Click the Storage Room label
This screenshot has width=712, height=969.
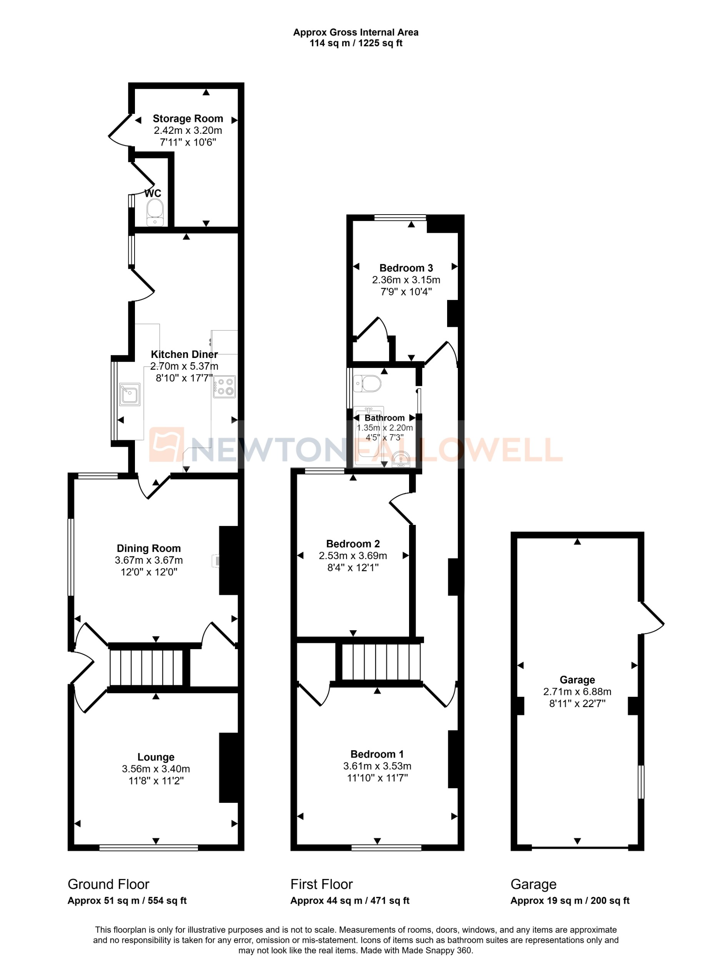(x=188, y=118)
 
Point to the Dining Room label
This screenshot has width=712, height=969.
(x=149, y=548)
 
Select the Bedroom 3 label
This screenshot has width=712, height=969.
(x=406, y=268)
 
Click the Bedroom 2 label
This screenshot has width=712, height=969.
(x=353, y=544)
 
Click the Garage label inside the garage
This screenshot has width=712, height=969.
(x=577, y=680)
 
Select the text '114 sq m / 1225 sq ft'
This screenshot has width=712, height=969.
(x=356, y=43)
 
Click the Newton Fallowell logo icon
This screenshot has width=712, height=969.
(x=167, y=445)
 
